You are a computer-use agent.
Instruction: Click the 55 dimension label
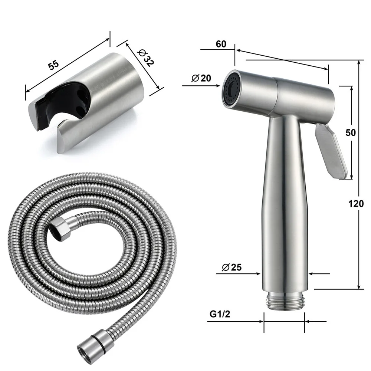tap(54, 64)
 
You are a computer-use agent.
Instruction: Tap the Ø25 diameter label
tap(233, 267)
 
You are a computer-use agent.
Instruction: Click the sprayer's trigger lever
tap(331, 150)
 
